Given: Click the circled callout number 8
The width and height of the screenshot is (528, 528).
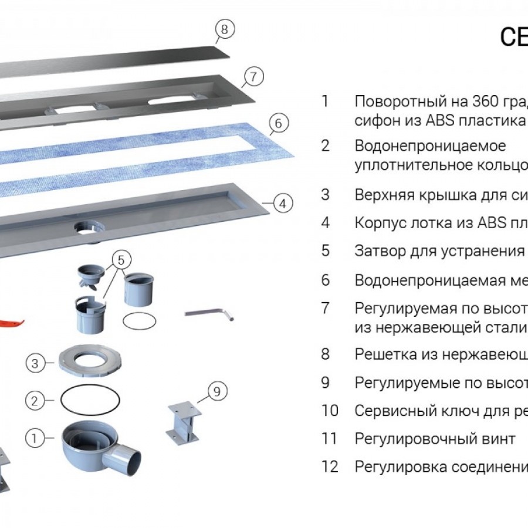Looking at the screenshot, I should point(225,28).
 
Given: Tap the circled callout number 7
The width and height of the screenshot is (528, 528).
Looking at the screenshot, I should point(252,76).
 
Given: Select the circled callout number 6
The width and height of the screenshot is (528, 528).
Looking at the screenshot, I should point(279,123).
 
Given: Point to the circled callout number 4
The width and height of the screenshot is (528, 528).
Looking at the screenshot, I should point(283,204).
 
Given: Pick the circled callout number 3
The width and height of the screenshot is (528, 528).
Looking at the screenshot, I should point(35,364).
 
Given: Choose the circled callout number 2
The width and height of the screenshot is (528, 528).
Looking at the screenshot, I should point(35,401).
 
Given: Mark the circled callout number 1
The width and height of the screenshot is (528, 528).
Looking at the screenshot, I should point(35,438).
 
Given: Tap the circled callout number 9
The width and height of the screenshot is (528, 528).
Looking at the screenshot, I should point(217,391).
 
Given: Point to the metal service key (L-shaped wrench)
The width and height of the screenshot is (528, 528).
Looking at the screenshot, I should point(209,313).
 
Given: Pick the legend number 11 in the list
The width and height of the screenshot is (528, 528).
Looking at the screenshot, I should point(330,438).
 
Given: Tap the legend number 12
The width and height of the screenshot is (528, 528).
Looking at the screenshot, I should point(330,466).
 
